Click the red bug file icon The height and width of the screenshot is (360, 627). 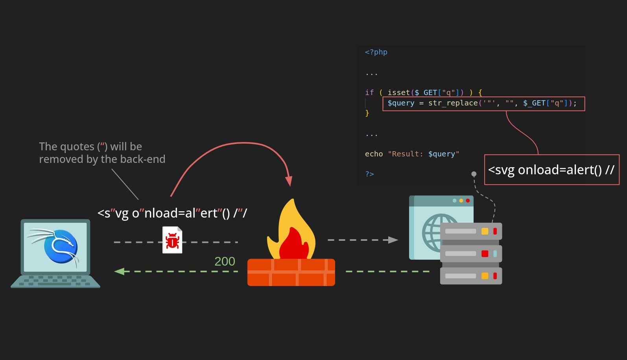172,240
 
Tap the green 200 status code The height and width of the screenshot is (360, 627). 225,261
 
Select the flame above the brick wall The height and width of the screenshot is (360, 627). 291,232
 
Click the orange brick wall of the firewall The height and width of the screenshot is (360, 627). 291,272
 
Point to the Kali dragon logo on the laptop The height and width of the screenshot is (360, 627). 59,246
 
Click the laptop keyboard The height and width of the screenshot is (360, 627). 55,280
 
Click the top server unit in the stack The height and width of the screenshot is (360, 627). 471,231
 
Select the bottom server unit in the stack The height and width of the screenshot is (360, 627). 471,276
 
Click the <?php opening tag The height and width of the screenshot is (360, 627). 376,52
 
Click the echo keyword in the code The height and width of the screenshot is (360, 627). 374,154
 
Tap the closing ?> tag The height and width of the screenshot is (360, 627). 369,174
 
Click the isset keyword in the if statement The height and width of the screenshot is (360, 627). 398,92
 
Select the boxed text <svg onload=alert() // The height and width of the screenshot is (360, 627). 551,170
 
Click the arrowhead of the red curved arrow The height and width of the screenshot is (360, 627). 289,181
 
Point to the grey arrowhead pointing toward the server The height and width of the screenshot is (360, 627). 393,240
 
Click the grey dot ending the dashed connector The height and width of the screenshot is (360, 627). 474,174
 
